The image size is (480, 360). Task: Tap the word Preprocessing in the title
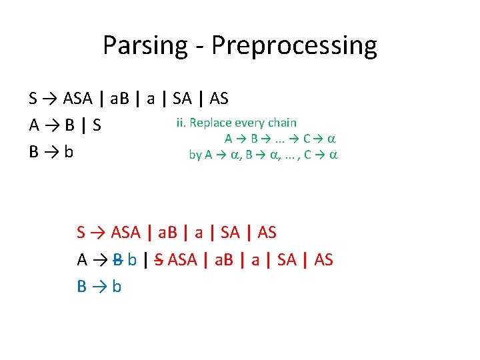(293, 46)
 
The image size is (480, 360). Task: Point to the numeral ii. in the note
(181, 123)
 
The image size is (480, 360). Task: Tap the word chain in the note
(282, 123)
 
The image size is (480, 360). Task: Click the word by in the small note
(195, 155)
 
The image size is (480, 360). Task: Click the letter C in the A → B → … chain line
(306, 139)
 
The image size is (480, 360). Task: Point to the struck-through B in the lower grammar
(118, 259)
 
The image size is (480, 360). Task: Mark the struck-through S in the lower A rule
(159, 259)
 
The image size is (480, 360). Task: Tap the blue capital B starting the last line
(82, 286)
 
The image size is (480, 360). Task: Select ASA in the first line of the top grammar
(78, 99)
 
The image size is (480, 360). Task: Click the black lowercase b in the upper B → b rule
(69, 152)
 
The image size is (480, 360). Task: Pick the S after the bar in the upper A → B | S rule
(97, 125)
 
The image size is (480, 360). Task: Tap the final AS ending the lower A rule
(323, 259)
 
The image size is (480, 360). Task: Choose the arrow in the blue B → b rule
(99, 286)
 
